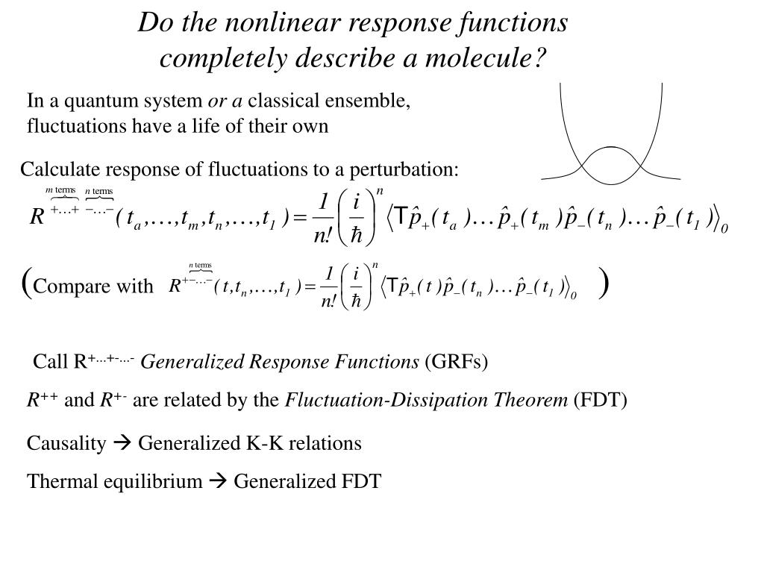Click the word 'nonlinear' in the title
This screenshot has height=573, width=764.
285,22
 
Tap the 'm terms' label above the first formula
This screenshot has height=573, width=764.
61,190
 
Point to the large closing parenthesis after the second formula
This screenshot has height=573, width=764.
603,283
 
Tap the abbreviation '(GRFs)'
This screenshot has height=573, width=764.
456,363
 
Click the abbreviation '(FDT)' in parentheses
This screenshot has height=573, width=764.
600,401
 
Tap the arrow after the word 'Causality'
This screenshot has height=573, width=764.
123,444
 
